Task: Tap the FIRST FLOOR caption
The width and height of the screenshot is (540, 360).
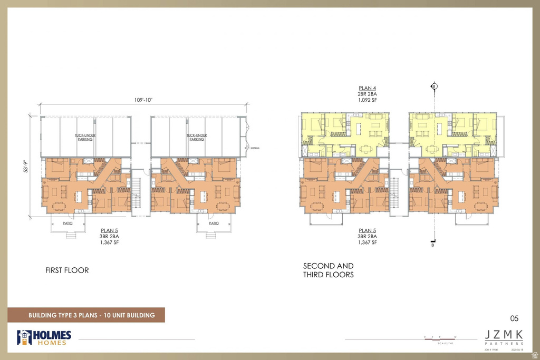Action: tap(67, 270)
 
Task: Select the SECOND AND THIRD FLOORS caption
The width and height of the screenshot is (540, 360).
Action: tap(328, 270)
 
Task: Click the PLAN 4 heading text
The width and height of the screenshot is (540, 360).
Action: tap(368, 88)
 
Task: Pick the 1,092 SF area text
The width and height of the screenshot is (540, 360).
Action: tap(368, 100)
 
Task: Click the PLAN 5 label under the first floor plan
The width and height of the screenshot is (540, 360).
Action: tap(110, 230)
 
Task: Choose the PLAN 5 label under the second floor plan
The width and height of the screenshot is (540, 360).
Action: tap(368, 230)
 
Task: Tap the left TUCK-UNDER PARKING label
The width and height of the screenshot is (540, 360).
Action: tap(85, 137)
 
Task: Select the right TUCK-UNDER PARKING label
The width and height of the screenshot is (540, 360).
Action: tap(196, 137)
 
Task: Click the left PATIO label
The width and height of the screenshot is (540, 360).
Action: tap(67, 223)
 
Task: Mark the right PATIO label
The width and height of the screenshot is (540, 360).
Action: tap(213, 223)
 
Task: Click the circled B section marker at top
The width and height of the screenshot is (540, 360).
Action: tap(434, 86)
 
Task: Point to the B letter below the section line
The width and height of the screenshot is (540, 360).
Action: tap(433, 245)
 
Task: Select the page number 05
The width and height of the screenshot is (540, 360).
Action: tap(514, 318)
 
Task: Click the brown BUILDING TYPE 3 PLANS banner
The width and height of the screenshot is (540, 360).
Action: tap(86, 315)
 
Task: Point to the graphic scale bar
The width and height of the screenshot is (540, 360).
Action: tap(440, 338)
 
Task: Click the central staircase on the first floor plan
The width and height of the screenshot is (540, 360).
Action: tap(137, 194)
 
